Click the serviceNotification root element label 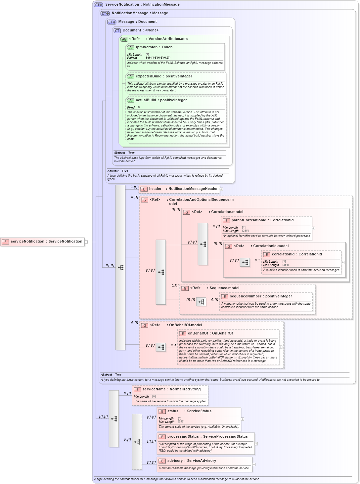(x=46, y=242)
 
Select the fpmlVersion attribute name (x=147, y=47)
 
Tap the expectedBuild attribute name (x=149, y=76)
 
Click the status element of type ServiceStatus (x=189, y=411)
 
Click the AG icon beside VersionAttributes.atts (x=124, y=39)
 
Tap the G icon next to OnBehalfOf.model (x=145, y=325)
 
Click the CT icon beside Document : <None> (x=117, y=30)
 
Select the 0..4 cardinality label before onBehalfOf (x=173, y=345)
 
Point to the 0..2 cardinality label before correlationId (x=257, y=260)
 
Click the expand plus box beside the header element (x=221, y=189)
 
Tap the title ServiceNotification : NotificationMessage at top (x=142, y=5)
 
